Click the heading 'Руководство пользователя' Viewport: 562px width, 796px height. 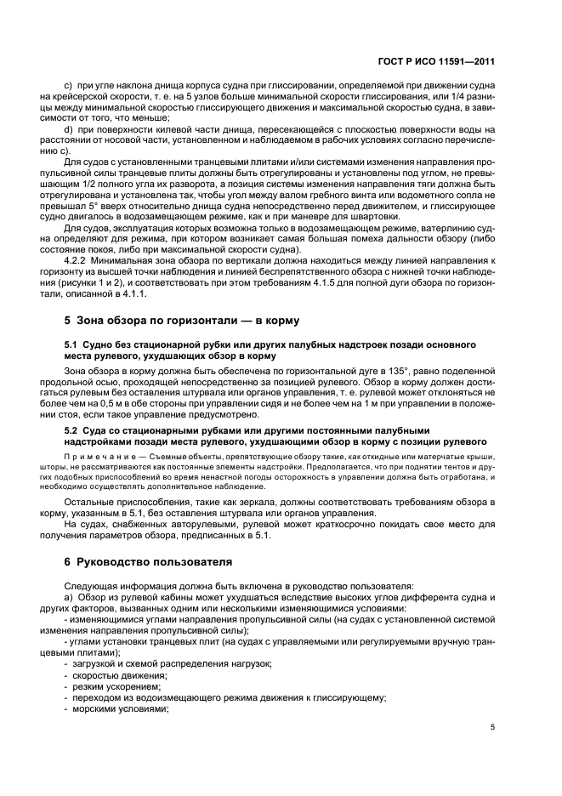pos(145,562)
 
